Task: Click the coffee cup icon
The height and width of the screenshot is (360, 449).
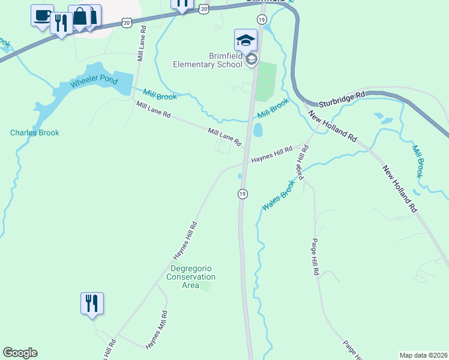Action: (x=42, y=16)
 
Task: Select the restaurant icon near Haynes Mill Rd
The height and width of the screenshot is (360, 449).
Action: (x=92, y=304)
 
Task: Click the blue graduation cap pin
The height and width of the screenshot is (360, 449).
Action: (x=246, y=40)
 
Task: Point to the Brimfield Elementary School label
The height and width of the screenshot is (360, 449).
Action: (x=208, y=61)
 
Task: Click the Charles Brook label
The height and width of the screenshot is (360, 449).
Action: (x=35, y=133)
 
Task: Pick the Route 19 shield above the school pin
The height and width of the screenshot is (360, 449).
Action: (x=261, y=20)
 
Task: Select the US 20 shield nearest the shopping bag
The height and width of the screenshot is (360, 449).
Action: (x=126, y=22)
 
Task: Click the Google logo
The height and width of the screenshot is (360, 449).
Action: (x=20, y=353)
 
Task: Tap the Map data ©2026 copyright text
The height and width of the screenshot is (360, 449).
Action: (x=423, y=355)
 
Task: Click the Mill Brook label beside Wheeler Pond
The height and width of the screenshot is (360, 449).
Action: (x=160, y=94)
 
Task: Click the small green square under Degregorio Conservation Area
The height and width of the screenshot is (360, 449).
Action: (x=206, y=286)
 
